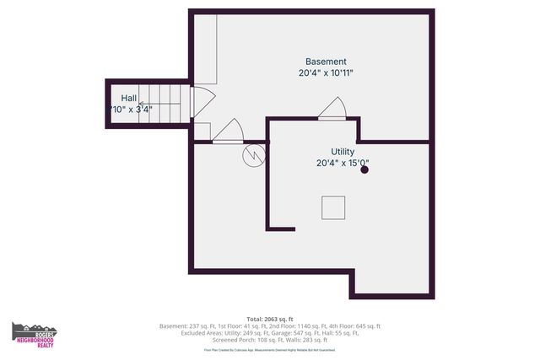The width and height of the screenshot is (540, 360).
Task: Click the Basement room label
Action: pyautogui.click(x=326, y=62)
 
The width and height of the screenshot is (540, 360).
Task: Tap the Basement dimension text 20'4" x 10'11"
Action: pyautogui.click(x=326, y=73)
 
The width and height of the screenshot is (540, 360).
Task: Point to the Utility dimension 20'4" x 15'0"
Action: pyautogui.click(x=343, y=164)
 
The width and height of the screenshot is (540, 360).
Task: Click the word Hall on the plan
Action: pyautogui.click(x=129, y=99)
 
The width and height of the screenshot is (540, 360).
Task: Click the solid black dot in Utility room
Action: pyautogui.click(x=364, y=169)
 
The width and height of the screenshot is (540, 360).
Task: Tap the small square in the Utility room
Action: pyautogui.click(x=332, y=207)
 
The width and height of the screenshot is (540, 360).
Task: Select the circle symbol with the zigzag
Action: pyautogui.click(x=253, y=154)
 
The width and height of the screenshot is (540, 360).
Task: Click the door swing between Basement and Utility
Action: pyautogui.click(x=332, y=109)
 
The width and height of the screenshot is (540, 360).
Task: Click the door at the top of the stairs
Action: pyautogui.click(x=203, y=103)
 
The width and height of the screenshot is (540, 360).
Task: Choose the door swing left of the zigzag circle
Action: pyautogui.click(x=227, y=132)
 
